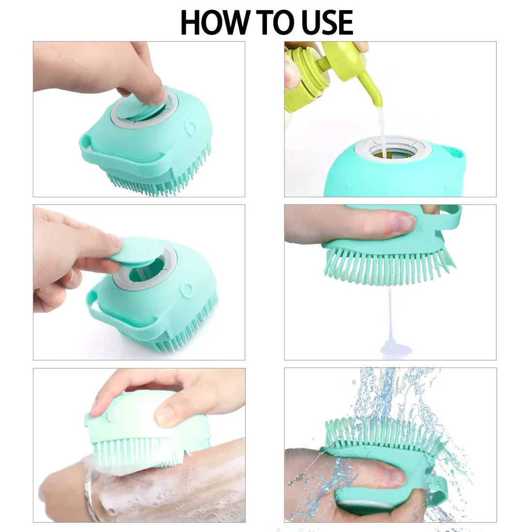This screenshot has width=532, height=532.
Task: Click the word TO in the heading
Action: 267,22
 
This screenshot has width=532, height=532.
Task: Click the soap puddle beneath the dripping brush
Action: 396,347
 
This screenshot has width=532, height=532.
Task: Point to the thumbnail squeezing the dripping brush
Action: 404,223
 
